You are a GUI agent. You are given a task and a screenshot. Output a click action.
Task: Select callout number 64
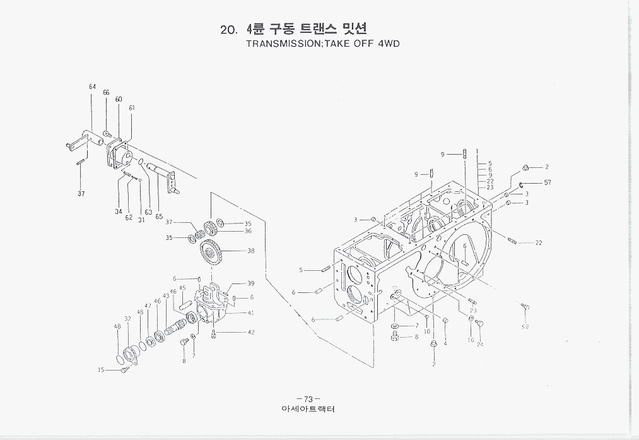click(x=92, y=86)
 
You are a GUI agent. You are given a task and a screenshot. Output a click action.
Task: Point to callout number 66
click(x=106, y=92)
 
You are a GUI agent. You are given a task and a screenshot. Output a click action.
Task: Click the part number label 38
click(x=250, y=251)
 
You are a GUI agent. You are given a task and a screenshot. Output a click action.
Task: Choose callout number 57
click(x=548, y=183)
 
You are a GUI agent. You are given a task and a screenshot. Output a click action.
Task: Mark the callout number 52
click(x=525, y=327)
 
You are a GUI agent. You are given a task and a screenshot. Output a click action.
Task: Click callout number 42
click(x=251, y=332)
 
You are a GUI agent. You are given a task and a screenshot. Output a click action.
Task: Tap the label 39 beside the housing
click(x=250, y=283)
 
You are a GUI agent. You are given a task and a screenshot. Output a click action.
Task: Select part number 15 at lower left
click(x=101, y=371)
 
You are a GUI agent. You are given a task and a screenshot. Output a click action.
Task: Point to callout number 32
click(x=127, y=319)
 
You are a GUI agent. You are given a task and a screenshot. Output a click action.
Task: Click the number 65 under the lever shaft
click(x=159, y=217)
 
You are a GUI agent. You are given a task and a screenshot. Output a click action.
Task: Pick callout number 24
click(x=480, y=344)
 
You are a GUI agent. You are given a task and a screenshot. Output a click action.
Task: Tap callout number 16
click(x=470, y=340)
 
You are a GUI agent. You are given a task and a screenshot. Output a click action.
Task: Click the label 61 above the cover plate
click(x=132, y=107)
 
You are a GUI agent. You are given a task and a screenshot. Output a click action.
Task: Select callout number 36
click(x=248, y=231)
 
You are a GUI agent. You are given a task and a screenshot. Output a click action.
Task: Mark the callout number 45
click(x=182, y=288)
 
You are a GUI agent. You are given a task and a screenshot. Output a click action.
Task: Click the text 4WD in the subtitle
click(x=388, y=44)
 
